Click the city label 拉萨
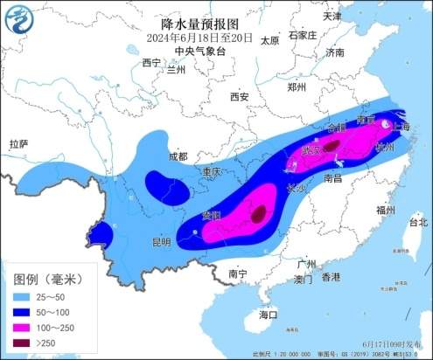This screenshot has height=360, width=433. tap(18, 143)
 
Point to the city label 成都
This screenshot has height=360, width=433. tap(177, 156)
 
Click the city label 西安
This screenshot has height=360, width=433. tap(240, 96)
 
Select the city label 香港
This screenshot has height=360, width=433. tap(330, 277)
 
